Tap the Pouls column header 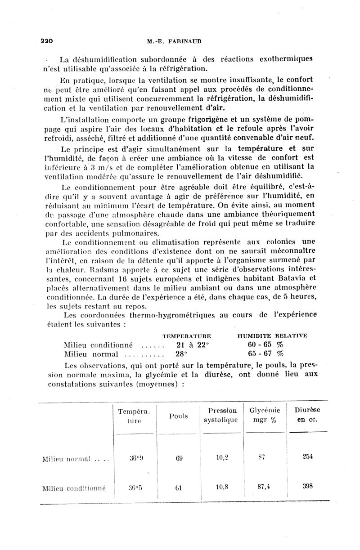[x=179, y=416]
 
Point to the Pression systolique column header [x=220, y=416]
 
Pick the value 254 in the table [x=307, y=456]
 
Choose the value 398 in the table [x=307, y=486]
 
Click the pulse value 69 [x=179, y=458]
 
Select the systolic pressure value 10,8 [x=221, y=487]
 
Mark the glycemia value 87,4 [x=265, y=487]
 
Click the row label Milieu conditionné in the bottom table [x=73, y=488]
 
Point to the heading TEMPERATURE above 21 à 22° [x=186, y=336]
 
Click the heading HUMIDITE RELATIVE [x=272, y=336]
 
